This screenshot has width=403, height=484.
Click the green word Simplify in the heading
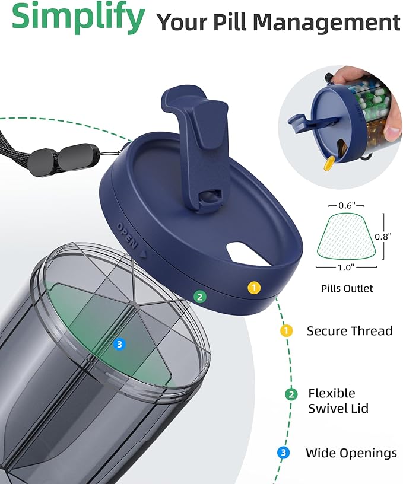tap(78, 17)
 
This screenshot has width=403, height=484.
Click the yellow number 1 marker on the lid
tap(254, 288)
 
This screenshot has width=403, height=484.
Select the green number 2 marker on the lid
tap(200, 297)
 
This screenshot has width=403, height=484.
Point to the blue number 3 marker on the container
tap(119, 344)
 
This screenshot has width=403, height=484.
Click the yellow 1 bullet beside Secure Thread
tap(286, 331)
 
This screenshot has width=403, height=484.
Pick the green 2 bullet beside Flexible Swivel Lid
tap(291, 394)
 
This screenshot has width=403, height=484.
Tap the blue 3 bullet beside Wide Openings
tap(283, 453)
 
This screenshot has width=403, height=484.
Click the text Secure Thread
tap(349, 331)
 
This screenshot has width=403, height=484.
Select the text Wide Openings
tap(351, 453)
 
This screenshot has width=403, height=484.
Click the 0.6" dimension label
tap(347, 205)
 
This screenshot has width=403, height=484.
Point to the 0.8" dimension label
tap(383, 237)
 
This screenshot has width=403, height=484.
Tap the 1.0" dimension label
tap(345, 268)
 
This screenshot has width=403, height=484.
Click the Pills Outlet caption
tap(347, 289)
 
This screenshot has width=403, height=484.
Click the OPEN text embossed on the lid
tap(127, 235)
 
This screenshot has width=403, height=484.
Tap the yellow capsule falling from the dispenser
tap(328, 164)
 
